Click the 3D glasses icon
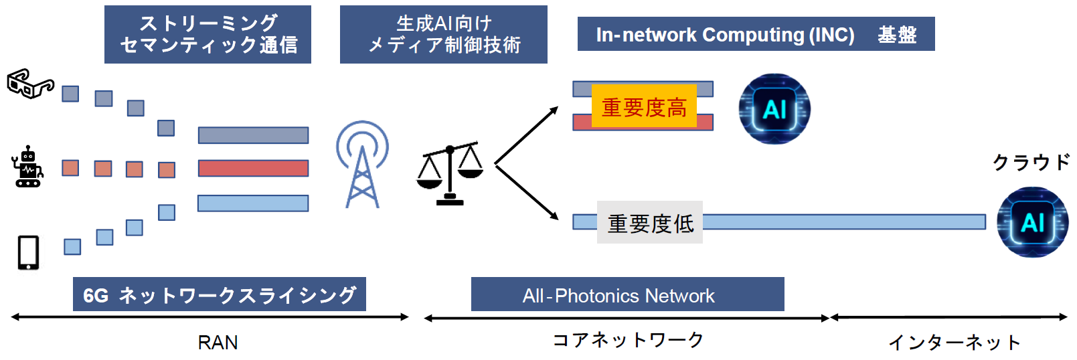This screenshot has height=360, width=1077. point(29,84)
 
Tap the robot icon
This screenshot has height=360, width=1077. point(27,167)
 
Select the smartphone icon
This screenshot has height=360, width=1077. point(28,252)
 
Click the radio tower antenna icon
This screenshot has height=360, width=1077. point(362,165)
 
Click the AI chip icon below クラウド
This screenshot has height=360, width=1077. point(1032,222)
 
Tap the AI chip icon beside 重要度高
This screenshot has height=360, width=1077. point(774,108)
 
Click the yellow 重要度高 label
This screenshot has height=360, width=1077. point(644,107)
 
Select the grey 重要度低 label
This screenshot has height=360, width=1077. point(650,223)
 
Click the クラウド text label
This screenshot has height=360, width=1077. point(1031,163)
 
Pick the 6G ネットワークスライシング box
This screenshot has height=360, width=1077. point(220,294)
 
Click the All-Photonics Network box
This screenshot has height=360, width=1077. point(627,294)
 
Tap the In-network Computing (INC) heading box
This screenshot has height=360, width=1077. point(756,34)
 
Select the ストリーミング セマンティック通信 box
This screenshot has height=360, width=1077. point(208,35)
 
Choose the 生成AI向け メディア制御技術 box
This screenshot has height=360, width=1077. point(443,35)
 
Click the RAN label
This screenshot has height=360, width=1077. point(218,343)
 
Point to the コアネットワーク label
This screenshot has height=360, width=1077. point(628,341)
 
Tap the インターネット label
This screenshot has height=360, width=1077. point(954,343)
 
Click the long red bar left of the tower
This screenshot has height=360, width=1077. point(253,168)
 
